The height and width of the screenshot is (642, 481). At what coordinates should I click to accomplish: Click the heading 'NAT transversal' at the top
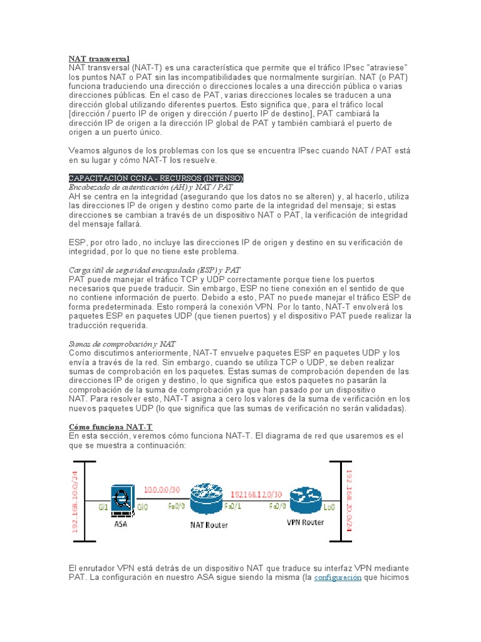click(98, 58)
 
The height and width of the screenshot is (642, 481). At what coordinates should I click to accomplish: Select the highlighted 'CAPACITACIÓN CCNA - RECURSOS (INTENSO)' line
click(155, 179)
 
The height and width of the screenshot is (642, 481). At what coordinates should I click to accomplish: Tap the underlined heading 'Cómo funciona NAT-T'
click(110, 427)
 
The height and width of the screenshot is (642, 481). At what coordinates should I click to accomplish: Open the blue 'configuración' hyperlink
click(338, 577)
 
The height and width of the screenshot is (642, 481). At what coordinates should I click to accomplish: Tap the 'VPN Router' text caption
click(305, 522)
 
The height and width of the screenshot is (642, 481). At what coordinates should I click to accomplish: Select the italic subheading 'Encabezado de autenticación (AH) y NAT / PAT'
click(151, 187)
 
